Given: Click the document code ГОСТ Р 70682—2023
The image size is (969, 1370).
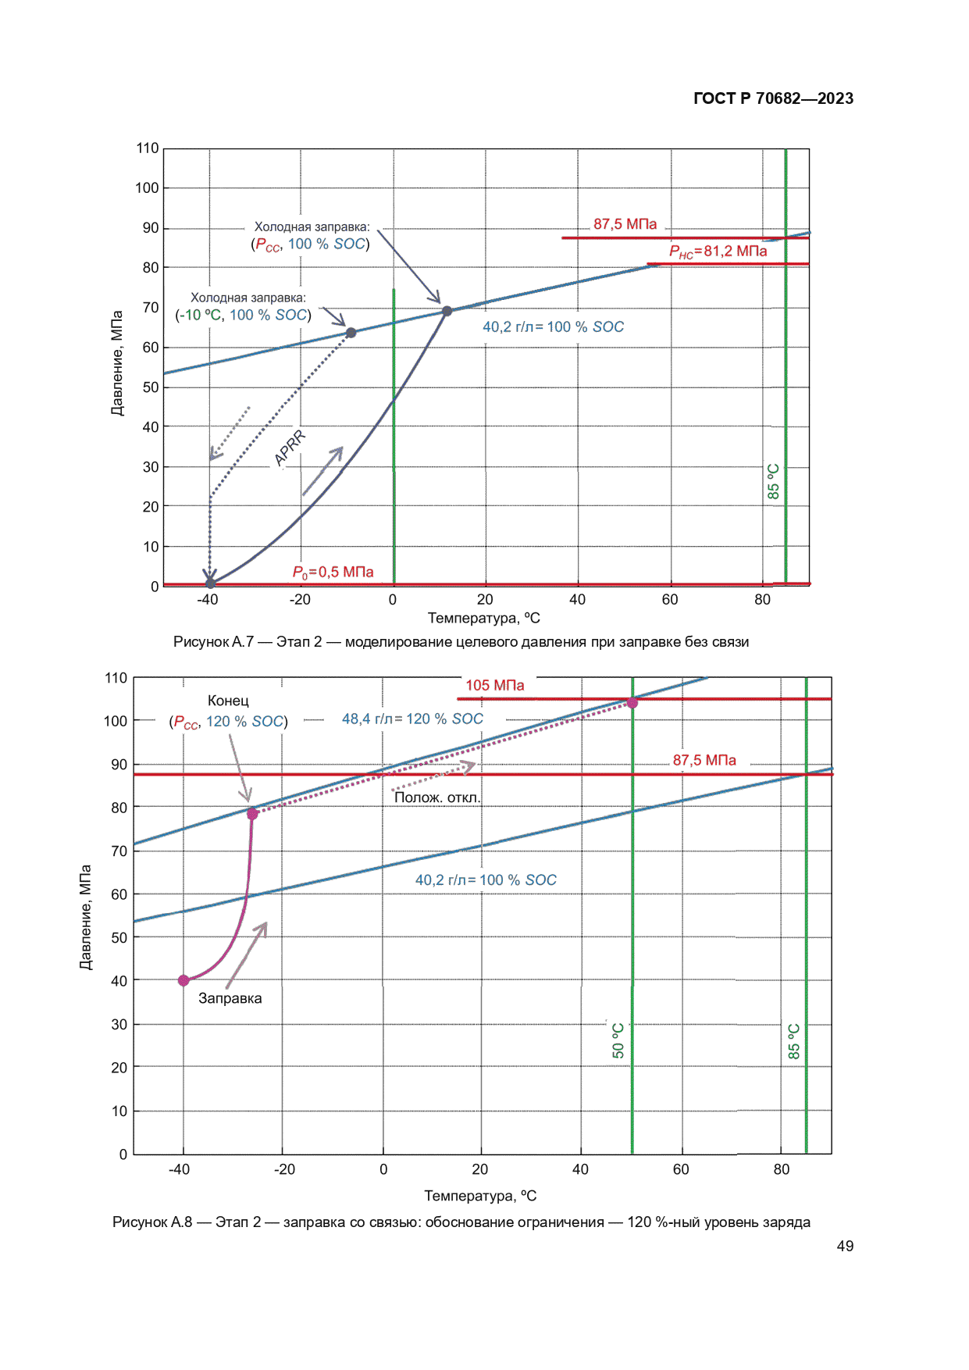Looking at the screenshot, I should click(x=773, y=98).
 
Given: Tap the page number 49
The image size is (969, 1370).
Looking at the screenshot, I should click(x=845, y=1246).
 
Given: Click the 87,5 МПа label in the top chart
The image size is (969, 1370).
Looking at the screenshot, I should click(x=625, y=224).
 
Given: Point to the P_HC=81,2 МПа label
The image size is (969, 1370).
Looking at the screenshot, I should click(x=718, y=252).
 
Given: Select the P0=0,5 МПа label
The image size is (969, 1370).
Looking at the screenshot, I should click(x=333, y=573).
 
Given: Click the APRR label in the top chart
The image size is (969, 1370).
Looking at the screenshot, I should click(x=289, y=448).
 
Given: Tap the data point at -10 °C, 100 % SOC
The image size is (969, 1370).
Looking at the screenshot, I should click(x=351, y=333).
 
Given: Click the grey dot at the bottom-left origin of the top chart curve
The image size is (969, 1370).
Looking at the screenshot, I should click(x=210, y=583).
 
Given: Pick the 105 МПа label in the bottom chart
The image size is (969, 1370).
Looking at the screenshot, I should click(x=495, y=686).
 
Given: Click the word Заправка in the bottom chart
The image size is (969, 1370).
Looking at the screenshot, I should click(x=230, y=998).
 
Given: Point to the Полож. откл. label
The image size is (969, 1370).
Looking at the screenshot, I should click(x=437, y=797).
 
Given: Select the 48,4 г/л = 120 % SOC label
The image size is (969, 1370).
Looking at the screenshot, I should click(x=412, y=719).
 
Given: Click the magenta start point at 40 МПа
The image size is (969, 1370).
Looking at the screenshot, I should click(x=183, y=980).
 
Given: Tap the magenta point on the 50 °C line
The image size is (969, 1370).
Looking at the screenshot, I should click(x=632, y=703).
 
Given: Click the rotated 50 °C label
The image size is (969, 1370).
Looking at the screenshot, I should click(x=618, y=1040).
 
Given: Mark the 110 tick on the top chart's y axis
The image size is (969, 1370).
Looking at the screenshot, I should click(x=147, y=148).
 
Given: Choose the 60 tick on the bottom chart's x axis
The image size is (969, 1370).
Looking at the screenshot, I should click(x=681, y=1169).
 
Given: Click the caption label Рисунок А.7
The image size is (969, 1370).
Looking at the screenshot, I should click(x=213, y=642).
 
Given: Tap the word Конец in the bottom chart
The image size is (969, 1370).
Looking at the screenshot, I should click(x=228, y=701).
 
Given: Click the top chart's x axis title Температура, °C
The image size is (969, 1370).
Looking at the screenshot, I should click(x=483, y=619).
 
